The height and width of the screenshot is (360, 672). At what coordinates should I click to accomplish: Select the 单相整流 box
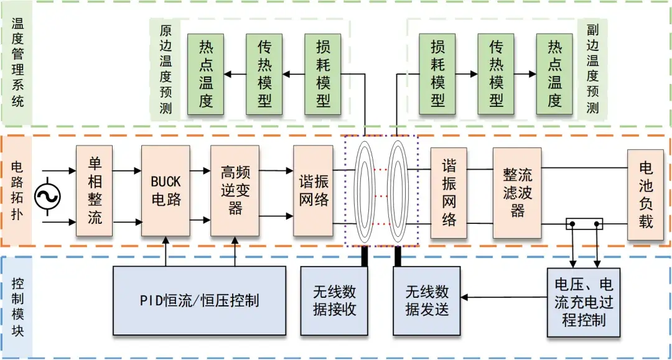(94, 191)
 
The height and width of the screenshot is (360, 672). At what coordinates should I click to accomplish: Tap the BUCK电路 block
(165, 191)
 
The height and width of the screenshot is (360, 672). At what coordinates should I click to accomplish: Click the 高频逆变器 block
(235, 191)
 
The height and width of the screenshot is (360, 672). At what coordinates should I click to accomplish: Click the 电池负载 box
(645, 194)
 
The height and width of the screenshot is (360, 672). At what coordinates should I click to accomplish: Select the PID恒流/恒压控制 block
(199, 301)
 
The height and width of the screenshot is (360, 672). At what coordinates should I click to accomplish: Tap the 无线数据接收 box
(335, 300)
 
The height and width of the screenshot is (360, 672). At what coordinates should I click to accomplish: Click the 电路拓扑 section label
(17, 190)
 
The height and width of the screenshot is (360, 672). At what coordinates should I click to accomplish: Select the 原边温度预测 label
(166, 70)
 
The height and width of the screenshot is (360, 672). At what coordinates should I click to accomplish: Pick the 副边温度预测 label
(592, 70)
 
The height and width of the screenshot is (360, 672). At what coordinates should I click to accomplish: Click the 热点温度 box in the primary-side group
(206, 74)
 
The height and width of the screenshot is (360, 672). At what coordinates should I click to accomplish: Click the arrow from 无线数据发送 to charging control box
(503, 298)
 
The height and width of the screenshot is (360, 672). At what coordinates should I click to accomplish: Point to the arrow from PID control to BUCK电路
(165, 251)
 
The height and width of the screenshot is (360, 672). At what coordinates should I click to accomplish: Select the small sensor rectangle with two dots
(584, 223)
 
